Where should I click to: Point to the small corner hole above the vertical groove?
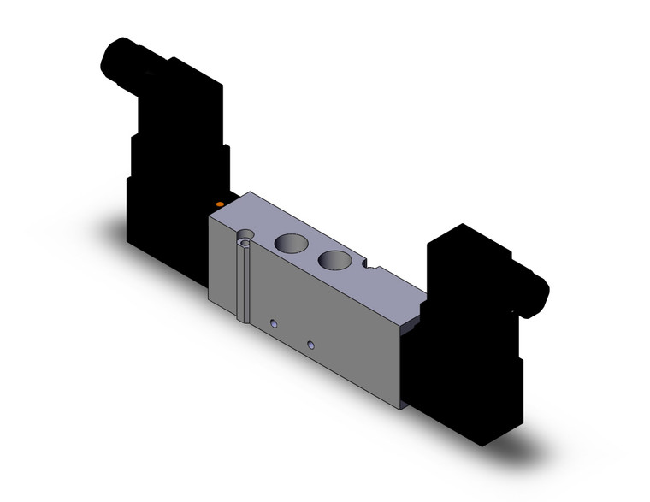[246, 237]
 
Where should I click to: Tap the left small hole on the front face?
[274, 324]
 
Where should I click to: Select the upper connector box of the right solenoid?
[466, 265]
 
